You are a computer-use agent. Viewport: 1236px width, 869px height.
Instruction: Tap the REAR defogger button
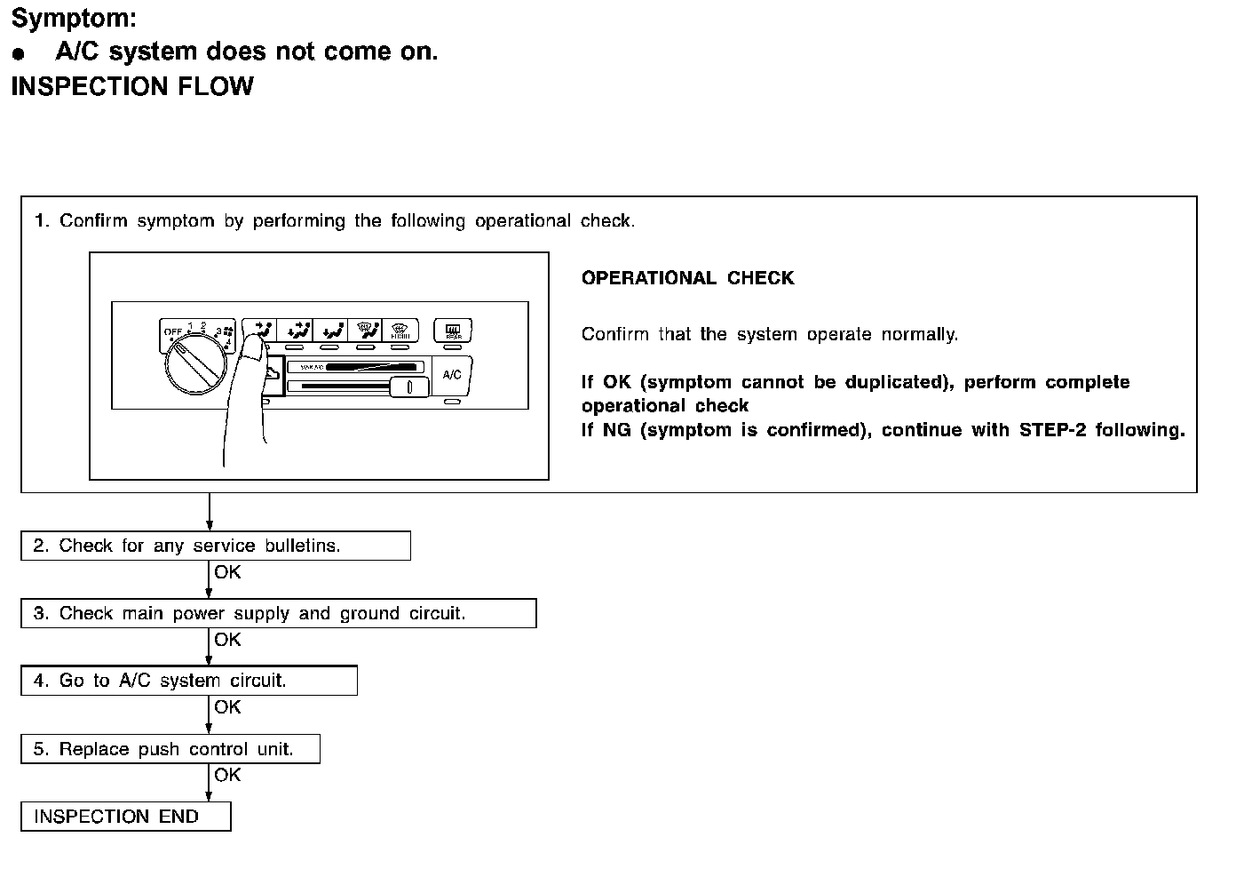pos(452,331)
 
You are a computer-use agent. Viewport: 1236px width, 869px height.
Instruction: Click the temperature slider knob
pos(409,387)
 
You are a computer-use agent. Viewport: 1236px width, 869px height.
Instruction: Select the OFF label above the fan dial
pos(171,331)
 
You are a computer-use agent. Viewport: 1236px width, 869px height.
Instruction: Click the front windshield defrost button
pos(400,331)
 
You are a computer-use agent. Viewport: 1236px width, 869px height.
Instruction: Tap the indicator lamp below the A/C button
pos(452,403)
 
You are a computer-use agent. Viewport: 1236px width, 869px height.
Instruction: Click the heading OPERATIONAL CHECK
pos(687,278)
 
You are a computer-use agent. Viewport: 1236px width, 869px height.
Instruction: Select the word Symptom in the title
pos(73,18)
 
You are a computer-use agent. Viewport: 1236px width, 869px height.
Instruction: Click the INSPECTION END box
pos(125,817)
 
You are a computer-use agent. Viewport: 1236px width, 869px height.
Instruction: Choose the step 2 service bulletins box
pos(215,546)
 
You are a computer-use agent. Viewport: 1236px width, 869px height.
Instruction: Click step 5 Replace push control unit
pos(170,749)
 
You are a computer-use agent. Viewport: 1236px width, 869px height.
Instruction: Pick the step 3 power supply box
pos(278,613)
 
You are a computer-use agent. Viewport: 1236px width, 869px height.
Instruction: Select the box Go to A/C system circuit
pos(188,681)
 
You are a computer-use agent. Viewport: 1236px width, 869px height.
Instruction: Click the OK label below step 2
pos(227,572)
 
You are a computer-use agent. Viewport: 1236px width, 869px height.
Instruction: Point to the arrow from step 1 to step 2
pos(210,512)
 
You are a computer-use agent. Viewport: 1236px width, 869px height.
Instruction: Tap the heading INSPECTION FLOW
pos(132,86)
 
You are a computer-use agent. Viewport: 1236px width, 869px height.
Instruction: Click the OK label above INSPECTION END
pos(227,775)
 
